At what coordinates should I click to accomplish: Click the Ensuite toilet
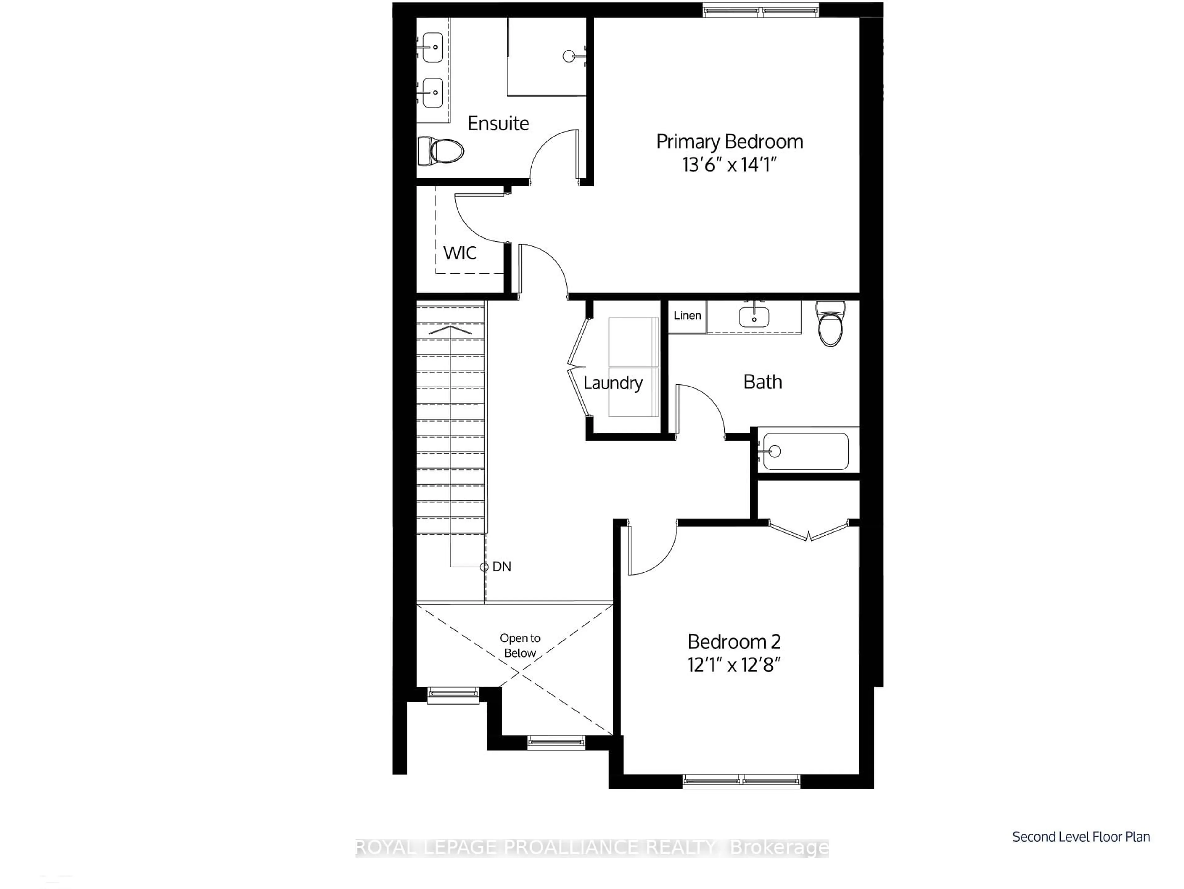[x=441, y=151]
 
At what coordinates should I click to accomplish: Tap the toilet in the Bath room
[x=830, y=324]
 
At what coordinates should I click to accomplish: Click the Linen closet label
[x=687, y=316]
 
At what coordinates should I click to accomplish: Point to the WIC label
[x=460, y=253]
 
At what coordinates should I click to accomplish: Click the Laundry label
[x=613, y=383]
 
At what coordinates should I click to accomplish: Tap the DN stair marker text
[x=502, y=567]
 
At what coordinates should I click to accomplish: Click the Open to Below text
[x=520, y=645]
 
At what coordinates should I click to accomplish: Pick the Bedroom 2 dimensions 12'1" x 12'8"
[x=734, y=665]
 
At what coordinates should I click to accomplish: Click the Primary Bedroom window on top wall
[x=761, y=10]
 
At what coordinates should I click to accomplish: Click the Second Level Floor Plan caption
[x=1081, y=837]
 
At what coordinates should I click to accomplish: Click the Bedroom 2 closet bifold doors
[x=808, y=531]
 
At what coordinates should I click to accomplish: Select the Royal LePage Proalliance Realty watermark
[x=591, y=848]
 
